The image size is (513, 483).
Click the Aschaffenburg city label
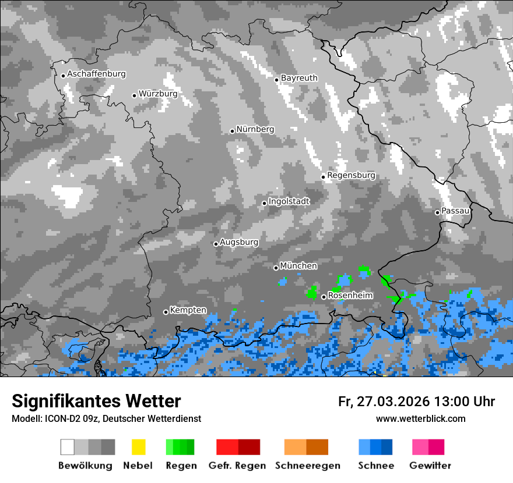(x=96, y=74)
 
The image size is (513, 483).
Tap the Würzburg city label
(x=158, y=94)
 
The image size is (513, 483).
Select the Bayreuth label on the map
(x=299, y=78)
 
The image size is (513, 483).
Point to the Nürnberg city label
(x=255, y=129)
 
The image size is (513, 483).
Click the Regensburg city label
(x=351, y=175)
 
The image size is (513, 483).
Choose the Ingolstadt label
(x=289, y=201)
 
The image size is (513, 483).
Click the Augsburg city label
(x=239, y=242)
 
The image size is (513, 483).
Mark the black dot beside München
(x=276, y=268)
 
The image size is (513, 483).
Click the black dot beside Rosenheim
(x=324, y=297)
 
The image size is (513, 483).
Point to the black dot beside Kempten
(x=166, y=312)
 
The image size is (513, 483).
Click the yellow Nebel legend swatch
(x=138, y=447)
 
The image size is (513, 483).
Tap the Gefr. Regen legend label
(x=238, y=466)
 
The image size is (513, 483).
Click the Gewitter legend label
(x=430, y=466)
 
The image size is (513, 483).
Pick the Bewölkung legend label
(x=85, y=466)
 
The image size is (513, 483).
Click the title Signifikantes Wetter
(x=96, y=402)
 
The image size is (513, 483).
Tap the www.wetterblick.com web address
(x=421, y=418)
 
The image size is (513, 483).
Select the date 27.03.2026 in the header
(x=392, y=402)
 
